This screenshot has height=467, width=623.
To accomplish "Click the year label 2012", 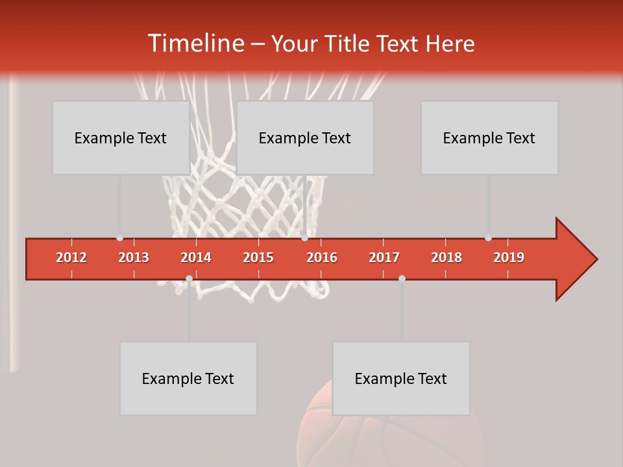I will point(71,257).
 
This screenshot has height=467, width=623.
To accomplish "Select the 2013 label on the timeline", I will point(134,257).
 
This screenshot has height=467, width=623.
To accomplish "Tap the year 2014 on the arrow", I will point(196,257).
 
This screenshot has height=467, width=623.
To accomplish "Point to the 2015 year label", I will point(258,257).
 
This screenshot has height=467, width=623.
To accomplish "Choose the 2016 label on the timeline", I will point(322,257).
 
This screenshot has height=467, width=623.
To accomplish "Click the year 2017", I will point(384,257).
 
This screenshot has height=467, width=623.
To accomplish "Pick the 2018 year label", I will point(446,257).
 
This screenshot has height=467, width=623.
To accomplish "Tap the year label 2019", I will point(509,257).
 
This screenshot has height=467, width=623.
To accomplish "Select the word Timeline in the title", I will point(195,43).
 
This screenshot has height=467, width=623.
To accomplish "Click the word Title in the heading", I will point(348,44).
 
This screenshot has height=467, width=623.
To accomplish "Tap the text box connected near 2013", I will point(121,138).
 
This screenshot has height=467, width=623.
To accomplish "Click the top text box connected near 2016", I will point(305,138).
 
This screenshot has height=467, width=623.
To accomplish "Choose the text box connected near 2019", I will point(489,138).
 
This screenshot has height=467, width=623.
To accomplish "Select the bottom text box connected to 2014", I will point(188,378).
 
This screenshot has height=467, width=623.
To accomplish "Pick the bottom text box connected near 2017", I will point(401,378).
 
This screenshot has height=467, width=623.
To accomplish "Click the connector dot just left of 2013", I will point(119,238).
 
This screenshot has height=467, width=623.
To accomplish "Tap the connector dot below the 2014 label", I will point(189,278).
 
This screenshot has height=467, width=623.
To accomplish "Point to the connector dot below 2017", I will point(402,278).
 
